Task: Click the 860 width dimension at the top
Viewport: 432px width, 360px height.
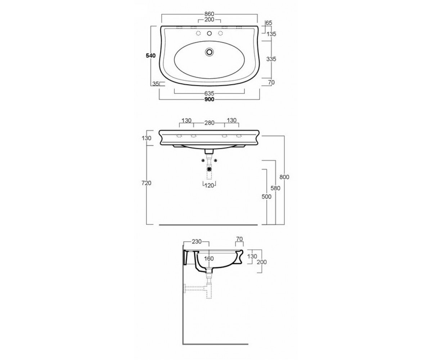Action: (x=209, y=14)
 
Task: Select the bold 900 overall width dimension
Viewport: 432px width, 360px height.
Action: (x=210, y=99)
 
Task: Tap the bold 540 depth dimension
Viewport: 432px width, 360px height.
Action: (x=150, y=56)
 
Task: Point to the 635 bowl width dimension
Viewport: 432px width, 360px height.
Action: (x=209, y=94)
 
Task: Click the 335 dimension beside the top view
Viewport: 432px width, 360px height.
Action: (x=271, y=59)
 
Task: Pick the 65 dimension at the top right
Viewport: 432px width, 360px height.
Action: (x=269, y=23)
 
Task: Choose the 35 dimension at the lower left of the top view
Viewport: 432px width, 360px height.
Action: (x=156, y=84)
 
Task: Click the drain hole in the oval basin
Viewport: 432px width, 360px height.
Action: (x=210, y=51)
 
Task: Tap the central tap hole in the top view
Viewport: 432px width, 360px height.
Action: (x=210, y=33)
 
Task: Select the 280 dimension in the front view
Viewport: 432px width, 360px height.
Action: (x=209, y=123)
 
